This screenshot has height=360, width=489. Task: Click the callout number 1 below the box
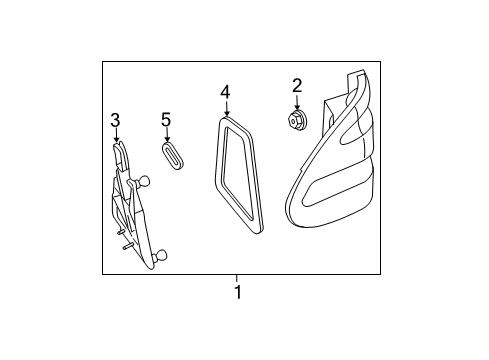pos(238,292)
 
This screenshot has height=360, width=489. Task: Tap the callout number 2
pos(297,86)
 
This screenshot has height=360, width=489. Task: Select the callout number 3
pos(115,120)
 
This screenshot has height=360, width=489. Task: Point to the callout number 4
pos(225,92)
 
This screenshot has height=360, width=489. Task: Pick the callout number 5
pos(166,120)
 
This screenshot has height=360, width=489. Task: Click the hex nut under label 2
pos(296,119)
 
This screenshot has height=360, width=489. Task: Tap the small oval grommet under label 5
pos(172,156)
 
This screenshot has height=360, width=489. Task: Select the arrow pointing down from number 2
pos(297,102)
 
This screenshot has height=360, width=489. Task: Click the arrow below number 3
pos(116,135)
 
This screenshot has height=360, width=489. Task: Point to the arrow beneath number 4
pos(226,108)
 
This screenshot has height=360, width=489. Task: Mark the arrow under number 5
pos(167,135)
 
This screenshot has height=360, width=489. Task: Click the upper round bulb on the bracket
pos(144,181)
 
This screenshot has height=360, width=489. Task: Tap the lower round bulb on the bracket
pos(161,256)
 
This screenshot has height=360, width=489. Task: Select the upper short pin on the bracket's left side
pos(121,232)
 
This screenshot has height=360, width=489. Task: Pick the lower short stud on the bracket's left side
pos(128,247)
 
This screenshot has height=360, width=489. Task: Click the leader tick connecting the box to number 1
pos(237,278)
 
